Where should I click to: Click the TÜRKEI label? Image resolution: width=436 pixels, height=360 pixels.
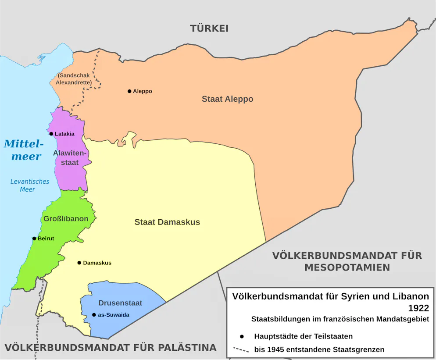click(x=209, y=29)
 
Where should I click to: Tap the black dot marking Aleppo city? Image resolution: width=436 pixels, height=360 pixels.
click(x=129, y=91)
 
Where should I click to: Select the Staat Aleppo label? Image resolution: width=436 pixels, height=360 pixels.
click(x=227, y=99)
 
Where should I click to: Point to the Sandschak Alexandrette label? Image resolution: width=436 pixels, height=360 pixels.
click(x=74, y=79)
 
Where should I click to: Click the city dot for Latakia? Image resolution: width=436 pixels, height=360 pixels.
click(x=51, y=134)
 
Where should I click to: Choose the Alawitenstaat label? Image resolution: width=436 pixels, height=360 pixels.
click(x=66, y=158)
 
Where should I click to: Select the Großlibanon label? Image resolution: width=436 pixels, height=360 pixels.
click(x=66, y=218)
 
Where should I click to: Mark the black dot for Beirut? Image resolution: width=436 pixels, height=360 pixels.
click(x=34, y=239)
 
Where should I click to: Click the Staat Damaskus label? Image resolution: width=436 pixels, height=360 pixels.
click(x=167, y=222)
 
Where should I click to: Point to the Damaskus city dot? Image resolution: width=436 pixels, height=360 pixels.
click(x=79, y=263)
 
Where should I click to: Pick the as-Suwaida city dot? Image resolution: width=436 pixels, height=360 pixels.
click(x=94, y=315)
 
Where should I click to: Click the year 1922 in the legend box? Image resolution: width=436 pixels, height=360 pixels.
click(x=418, y=308)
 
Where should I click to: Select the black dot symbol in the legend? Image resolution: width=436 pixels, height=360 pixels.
click(x=241, y=336)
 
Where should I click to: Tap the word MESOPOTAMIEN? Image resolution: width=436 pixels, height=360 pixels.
click(x=347, y=267)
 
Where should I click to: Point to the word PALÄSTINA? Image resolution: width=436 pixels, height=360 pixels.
click(x=183, y=348)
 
